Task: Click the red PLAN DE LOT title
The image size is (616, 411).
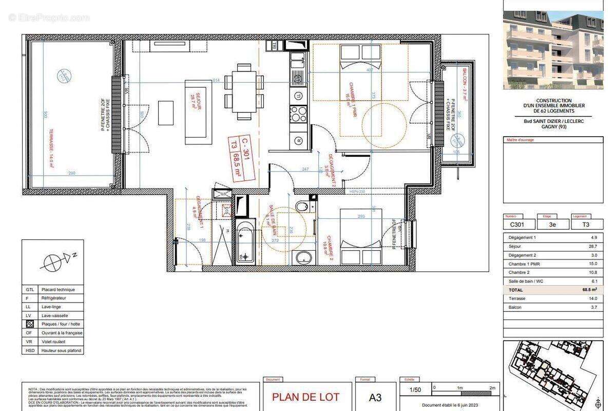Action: pos(305,397)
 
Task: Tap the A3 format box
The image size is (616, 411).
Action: pos(375,397)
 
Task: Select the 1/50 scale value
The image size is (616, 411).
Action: pos(414,390)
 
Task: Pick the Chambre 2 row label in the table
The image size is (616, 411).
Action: pos(518,272)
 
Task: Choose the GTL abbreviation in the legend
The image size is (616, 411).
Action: pos(30,290)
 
